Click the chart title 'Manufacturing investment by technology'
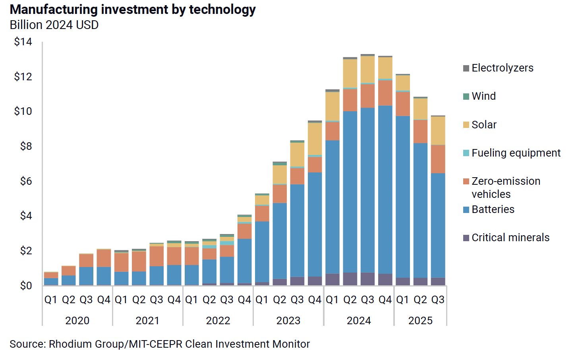click(x=133, y=10)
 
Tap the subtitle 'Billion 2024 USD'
click(x=54, y=25)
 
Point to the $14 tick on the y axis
click(x=23, y=42)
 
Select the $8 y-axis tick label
click(x=26, y=146)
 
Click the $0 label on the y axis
click(x=26, y=286)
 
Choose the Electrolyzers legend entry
click(x=502, y=68)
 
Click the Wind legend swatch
click(x=466, y=96)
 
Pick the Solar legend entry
click(x=484, y=125)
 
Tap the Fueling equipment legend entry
click(x=516, y=153)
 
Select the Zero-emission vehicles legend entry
click(x=505, y=188)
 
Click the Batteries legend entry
click(x=493, y=209)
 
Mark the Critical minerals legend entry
click(x=510, y=238)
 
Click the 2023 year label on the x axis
click(x=288, y=320)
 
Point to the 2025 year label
click(x=420, y=320)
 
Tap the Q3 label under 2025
click(x=438, y=300)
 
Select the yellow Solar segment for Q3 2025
click(x=438, y=130)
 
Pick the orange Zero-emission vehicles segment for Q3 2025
click(x=438, y=159)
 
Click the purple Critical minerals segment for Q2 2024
click(x=350, y=279)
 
